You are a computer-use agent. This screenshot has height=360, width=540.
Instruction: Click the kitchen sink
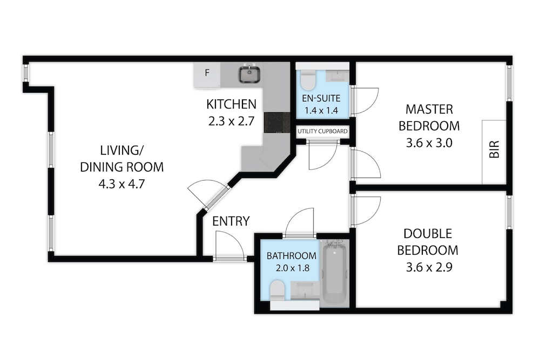point(249,74)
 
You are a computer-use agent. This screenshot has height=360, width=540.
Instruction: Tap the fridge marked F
point(207,74)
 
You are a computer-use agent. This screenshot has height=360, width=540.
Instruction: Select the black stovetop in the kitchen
point(277,123)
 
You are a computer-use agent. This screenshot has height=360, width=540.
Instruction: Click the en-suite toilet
point(308,80)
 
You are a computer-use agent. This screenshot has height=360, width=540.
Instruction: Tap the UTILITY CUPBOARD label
point(323,132)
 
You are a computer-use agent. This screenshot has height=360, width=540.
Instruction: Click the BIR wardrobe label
point(494,150)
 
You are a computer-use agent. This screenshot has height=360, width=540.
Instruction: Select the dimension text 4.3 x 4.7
point(122,184)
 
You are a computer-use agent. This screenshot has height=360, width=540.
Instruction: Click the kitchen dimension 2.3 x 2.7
point(231,121)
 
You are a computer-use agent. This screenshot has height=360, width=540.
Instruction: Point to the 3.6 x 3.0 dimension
point(429,143)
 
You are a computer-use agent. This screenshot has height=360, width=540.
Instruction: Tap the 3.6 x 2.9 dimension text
point(429,267)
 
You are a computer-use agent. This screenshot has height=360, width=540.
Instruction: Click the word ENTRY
point(231,221)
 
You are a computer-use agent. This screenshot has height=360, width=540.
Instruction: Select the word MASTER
point(429,110)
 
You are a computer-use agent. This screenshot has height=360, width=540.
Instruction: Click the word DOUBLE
point(428,234)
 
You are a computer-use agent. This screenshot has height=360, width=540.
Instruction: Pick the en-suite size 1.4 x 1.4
point(321,111)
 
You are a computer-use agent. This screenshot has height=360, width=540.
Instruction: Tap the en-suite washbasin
point(337,76)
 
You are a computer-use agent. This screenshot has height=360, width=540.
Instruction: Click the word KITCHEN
point(232,104)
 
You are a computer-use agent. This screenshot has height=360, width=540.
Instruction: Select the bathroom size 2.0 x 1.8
point(292,268)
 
